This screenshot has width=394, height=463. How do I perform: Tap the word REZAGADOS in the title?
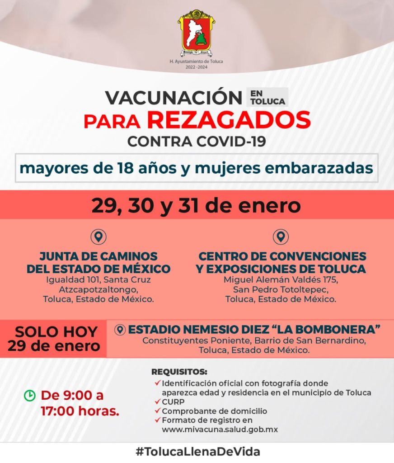pos(229,120)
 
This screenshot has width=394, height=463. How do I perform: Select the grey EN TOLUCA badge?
pos(267,97)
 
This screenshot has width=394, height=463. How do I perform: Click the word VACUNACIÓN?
pos(174,98)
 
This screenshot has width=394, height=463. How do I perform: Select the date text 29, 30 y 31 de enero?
pos(196,206)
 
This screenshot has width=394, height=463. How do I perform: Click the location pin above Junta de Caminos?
pos(98,236)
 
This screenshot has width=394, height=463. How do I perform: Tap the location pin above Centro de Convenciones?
pos(281,236)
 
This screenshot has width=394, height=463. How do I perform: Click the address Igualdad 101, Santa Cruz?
pos(98,280)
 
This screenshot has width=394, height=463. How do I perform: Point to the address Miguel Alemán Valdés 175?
pos(281,280)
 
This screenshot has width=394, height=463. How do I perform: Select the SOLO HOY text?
pos(56,332)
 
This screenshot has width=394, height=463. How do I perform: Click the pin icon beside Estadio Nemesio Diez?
pos(120,330)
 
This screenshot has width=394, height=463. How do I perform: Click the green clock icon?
pos(29,396)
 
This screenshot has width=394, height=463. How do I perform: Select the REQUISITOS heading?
pos(179,372)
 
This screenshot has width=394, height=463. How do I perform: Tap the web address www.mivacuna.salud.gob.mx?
pos(220,430)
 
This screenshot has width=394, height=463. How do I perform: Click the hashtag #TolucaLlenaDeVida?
pos(197,451)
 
